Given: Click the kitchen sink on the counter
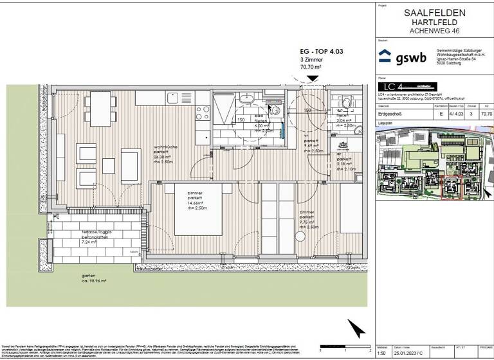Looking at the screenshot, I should (174, 98).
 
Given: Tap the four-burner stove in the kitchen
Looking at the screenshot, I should (202, 112).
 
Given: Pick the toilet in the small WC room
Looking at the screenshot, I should (345, 102).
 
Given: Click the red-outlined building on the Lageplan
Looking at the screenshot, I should (450, 186).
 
